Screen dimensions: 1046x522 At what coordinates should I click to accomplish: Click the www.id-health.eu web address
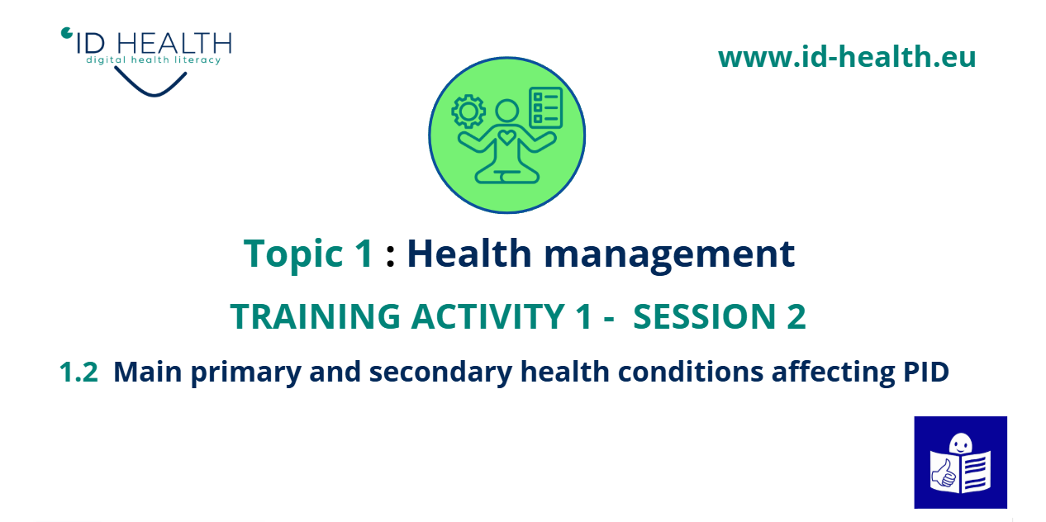click(x=847, y=57)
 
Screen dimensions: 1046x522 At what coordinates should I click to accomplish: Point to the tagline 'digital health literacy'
click(x=153, y=59)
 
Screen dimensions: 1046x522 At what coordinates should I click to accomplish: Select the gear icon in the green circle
click(x=468, y=112)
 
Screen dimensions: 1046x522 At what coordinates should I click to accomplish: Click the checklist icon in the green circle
click(x=545, y=107)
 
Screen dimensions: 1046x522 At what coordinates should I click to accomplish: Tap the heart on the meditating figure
click(x=506, y=137)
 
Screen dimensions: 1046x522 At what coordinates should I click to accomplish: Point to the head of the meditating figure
click(x=507, y=112)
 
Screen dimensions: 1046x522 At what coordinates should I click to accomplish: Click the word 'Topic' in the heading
click(x=293, y=254)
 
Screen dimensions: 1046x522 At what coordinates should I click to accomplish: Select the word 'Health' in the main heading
click(x=469, y=253)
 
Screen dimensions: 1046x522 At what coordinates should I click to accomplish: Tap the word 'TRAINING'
click(x=315, y=316)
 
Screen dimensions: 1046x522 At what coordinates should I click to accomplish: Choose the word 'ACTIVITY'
click(x=488, y=316)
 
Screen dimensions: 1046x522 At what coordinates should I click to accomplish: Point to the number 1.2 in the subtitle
click(x=78, y=373)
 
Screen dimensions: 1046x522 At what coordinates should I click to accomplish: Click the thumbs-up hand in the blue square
click(x=944, y=473)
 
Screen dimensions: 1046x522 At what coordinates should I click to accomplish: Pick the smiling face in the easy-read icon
click(x=961, y=443)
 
